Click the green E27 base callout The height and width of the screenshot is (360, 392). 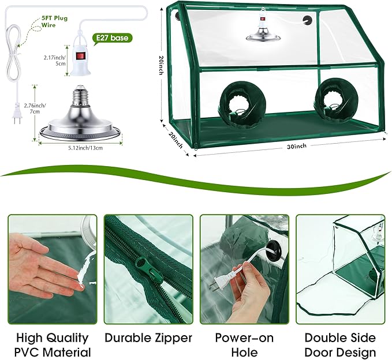point(112,39)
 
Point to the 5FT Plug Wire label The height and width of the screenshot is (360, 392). point(54,21)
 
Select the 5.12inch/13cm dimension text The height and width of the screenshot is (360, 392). point(85,148)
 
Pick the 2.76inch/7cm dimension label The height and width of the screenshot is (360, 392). point(35,108)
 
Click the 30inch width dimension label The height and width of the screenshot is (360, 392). point(297,146)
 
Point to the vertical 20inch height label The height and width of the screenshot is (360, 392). point(162,65)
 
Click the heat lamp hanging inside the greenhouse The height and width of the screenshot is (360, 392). point(263,28)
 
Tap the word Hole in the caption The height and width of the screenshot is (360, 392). point(244,352)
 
